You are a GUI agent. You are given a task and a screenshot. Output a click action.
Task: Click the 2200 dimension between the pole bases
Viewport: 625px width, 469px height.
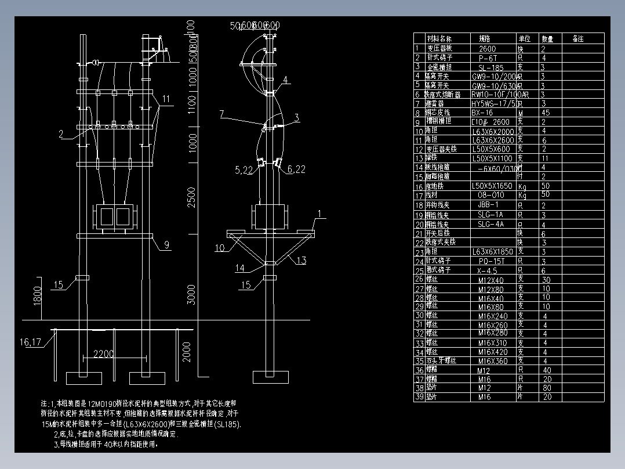click(x=104, y=354)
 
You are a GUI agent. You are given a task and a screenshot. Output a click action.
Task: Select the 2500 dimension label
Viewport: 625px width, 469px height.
click(x=191, y=197)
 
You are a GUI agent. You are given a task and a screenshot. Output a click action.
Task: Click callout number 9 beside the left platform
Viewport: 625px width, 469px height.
click(x=166, y=245)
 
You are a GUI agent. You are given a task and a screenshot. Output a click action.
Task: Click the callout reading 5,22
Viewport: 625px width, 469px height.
click(x=244, y=170)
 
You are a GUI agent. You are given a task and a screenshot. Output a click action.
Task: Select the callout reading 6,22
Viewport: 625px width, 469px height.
click(x=296, y=169)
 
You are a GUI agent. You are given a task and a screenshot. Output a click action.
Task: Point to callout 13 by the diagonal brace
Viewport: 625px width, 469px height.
click(x=301, y=261)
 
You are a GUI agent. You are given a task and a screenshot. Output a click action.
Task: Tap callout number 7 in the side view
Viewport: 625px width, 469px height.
click(x=221, y=114)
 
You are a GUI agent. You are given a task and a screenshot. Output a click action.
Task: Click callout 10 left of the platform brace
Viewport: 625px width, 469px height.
click(x=220, y=248)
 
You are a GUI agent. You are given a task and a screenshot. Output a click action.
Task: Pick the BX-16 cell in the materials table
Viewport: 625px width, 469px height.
click(x=482, y=113)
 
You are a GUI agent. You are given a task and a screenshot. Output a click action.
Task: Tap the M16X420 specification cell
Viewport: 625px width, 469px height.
click(x=493, y=352)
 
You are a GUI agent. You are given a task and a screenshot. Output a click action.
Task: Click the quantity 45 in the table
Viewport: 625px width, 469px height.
click(x=546, y=113)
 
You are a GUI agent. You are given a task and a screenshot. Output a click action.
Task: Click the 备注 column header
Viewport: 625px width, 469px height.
click(x=577, y=39)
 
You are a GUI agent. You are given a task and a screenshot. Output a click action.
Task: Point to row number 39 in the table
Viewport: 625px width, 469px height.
click(x=419, y=397)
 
